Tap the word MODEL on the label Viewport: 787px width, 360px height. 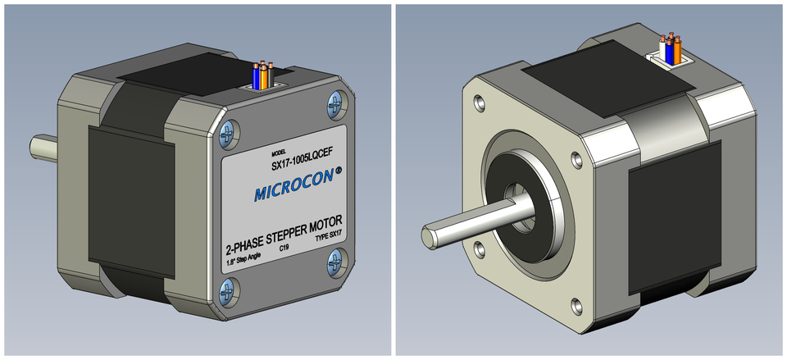coord(280,153)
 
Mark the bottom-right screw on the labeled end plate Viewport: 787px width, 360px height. coord(335,262)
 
